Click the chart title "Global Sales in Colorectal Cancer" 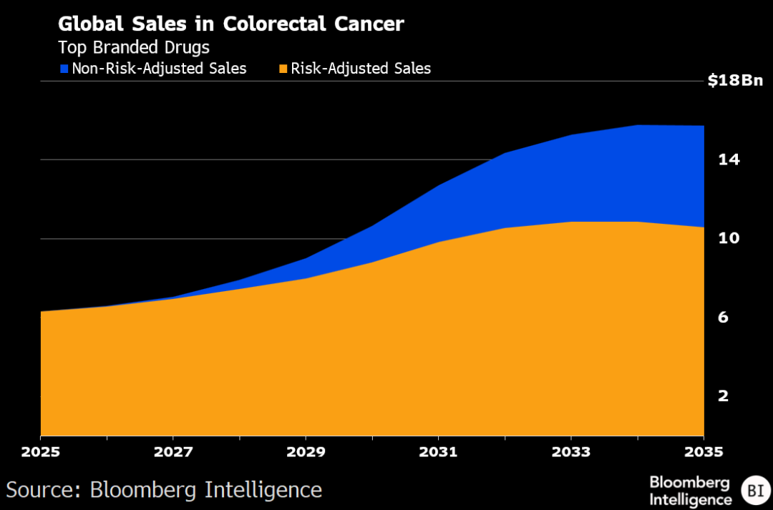pyautogui.click(x=230, y=24)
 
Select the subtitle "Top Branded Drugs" pyautogui.click(x=133, y=47)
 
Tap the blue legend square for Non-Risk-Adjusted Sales pyautogui.click(x=64, y=69)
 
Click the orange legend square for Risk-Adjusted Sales pyautogui.click(x=284, y=69)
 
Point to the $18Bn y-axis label pyautogui.click(x=734, y=81)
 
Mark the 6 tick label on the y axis pyautogui.click(x=722, y=317)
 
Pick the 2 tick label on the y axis pyautogui.click(x=722, y=396)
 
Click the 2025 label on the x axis pyautogui.click(x=41, y=452)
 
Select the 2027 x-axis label pyautogui.click(x=173, y=452)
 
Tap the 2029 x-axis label pyautogui.click(x=306, y=452)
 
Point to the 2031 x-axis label pyautogui.click(x=438, y=452)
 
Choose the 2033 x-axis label pyautogui.click(x=570, y=452)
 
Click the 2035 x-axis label pyautogui.click(x=704, y=452)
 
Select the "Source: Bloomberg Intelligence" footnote pyautogui.click(x=164, y=490)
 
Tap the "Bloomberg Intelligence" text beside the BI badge pyautogui.click(x=690, y=491)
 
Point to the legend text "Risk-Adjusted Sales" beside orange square pyautogui.click(x=362, y=69)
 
